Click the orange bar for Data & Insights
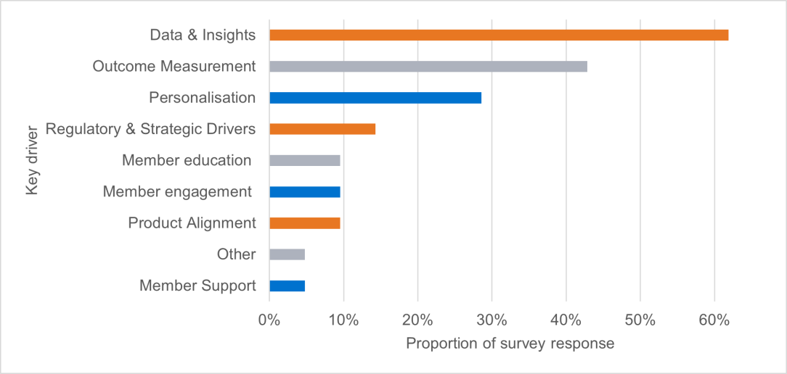(498, 35)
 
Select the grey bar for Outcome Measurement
(428, 67)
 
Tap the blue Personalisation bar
(375, 98)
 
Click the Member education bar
(304, 160)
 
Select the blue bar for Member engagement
(304, 192)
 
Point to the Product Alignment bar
(304, 223)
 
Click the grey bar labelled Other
(287, 254)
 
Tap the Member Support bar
(287, 286)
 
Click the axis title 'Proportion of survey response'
(510, 344)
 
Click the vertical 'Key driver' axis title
(31, 160)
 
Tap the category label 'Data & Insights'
(203, 35)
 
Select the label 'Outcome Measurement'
(174, 67)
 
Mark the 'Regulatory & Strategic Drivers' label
(150, 129)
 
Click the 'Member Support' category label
(197, 286)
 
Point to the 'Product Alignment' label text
(192, 223)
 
